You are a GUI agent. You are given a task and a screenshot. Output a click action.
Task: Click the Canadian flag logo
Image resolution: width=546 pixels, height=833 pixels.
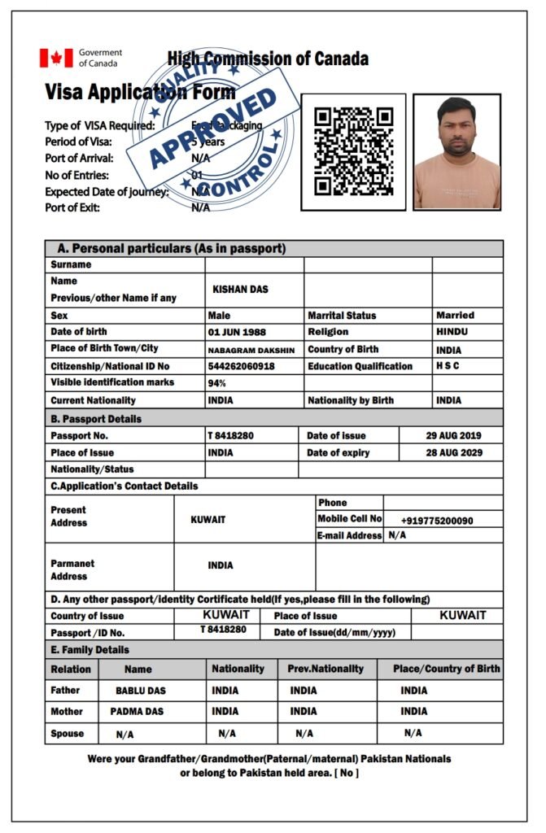point(56,58)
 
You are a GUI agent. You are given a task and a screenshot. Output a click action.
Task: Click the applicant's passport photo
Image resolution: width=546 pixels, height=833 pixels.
point(456,152)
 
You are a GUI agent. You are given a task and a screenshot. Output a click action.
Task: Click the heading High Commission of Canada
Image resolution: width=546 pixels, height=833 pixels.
point(268,59)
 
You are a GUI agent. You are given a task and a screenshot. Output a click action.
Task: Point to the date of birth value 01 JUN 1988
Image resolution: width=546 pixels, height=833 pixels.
point(237,333)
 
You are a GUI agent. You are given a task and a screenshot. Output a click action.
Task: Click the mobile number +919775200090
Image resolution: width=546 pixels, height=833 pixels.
point(437,520)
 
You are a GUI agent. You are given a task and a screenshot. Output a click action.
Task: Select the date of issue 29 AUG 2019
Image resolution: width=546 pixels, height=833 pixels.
point(453,436)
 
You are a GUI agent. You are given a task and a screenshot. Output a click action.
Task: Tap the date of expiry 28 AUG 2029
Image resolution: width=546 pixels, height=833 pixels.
point(453,453)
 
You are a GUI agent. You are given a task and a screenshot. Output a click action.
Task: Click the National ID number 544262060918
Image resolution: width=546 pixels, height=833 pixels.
point(241,367)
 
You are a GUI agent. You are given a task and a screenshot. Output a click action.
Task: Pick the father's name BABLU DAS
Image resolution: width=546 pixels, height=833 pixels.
point(140,691)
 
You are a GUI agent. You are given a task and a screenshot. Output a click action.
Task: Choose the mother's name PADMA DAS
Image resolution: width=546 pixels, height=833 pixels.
point(137,712)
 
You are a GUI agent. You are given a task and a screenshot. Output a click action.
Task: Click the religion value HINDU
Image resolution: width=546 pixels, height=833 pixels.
point(452,332)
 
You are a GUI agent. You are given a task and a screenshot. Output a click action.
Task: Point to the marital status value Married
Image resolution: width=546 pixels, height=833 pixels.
point(455,315)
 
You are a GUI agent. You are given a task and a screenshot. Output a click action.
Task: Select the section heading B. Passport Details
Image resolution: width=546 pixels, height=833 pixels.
point(96,419)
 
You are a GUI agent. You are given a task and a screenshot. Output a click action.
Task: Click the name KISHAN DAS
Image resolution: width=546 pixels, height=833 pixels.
point(240,290)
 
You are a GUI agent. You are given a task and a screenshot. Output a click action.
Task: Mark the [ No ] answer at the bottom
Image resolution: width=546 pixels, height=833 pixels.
point(347,772)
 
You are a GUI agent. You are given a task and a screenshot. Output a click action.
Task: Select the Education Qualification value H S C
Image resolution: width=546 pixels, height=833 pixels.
point(448,366)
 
